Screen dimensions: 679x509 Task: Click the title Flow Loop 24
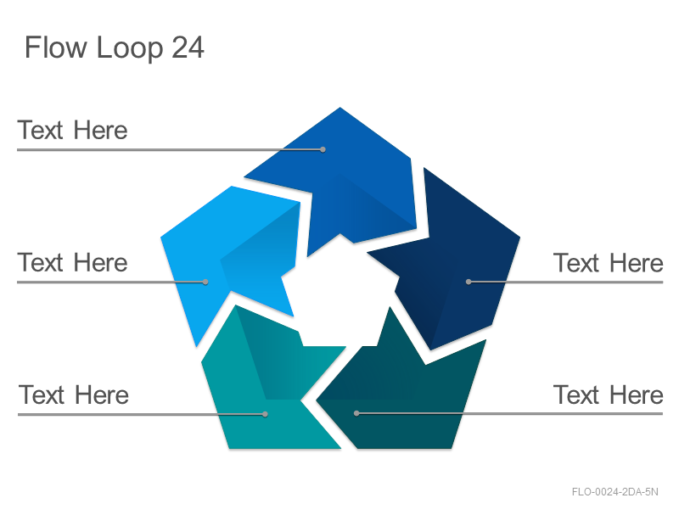tap(115, 48)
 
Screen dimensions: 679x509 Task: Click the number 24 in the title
tap(188, 48)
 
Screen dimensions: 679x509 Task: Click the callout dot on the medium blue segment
tap(323, 150)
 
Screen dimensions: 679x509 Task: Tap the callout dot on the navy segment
tap(469, 282)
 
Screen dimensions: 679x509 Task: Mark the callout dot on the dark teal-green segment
tap(356, 413)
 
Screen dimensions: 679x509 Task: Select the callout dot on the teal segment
tap(265, 414)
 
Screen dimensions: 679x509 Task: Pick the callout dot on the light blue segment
tap(205, 282)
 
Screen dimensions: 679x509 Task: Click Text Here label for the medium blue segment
tap(72, 130)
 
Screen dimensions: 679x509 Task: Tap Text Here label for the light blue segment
tap(72, 262)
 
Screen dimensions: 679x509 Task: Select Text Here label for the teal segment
tap(74, 394)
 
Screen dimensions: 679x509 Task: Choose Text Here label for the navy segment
tap(609, 263)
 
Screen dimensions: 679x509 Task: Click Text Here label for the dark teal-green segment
tap(609, 394)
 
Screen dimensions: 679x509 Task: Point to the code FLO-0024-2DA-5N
tap(614, 492)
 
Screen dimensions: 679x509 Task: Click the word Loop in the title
tap(130, 48)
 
